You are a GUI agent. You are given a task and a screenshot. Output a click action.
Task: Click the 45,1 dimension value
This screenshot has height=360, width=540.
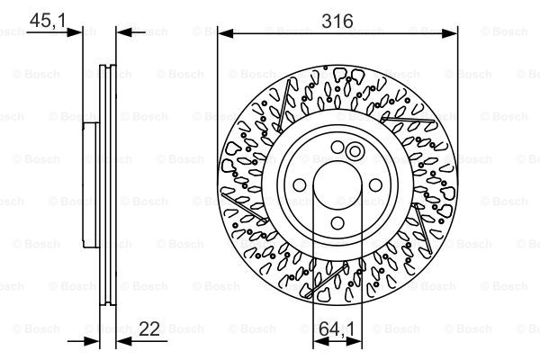[x=48, y=21]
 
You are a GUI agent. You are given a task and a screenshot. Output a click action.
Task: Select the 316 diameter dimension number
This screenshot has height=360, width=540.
[x=337, y=21]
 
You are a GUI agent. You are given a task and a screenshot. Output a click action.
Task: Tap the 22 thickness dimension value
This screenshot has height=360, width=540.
[x=149, y=328]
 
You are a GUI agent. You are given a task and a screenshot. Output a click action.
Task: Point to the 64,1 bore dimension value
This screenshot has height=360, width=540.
[x=337, y=329]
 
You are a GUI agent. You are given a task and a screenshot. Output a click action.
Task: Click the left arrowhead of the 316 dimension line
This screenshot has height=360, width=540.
[x=226, y=33]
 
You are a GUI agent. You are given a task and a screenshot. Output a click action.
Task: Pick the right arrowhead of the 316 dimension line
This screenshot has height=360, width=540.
[x=449, y=33]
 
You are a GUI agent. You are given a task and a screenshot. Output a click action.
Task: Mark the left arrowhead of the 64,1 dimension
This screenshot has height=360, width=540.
[x=321, y=341]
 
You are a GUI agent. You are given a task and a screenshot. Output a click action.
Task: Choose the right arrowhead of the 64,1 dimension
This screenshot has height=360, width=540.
[x=354, y=341]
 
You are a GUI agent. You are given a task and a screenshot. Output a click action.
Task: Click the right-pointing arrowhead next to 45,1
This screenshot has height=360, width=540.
[x=75, y=32]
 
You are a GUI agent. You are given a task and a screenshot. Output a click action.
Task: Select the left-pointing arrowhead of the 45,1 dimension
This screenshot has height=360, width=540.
[x=124, y=32]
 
